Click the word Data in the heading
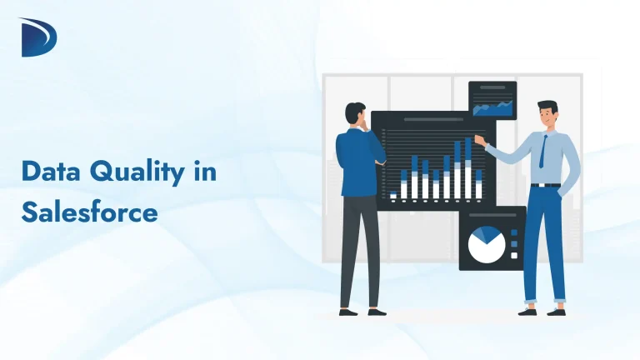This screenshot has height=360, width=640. (52, 174)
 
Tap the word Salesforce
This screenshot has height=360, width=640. (89, 212)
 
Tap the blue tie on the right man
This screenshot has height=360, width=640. (542, 151)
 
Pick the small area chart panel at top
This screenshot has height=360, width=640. (492, 100)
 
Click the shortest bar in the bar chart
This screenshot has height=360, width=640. (393, 196)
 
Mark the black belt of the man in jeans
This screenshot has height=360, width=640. (546, 184)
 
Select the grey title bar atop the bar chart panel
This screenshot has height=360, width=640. (433, 120)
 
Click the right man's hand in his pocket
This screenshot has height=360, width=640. (569, 188)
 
